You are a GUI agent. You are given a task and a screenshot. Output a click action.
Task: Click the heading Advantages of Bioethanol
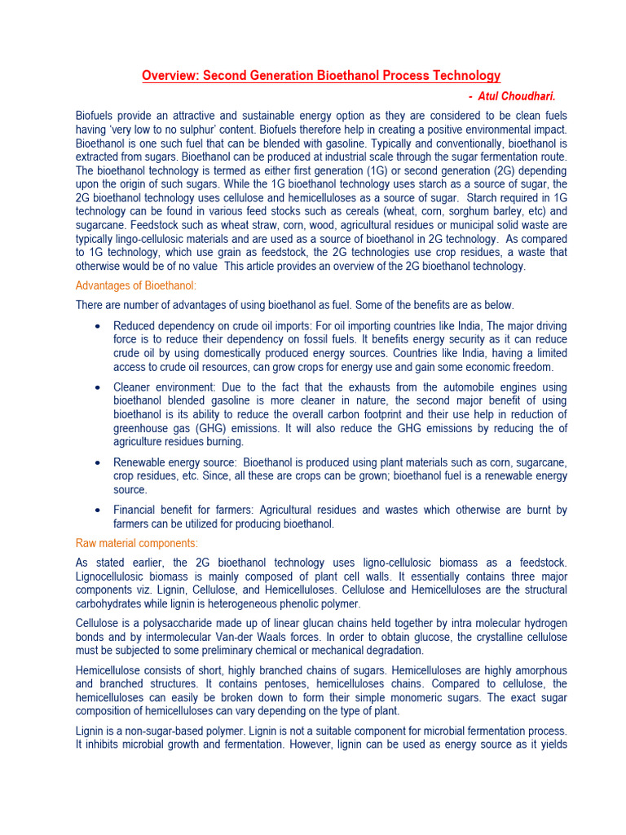tap(136, 285)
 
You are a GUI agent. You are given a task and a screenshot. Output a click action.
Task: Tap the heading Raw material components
tap(137, 543)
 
